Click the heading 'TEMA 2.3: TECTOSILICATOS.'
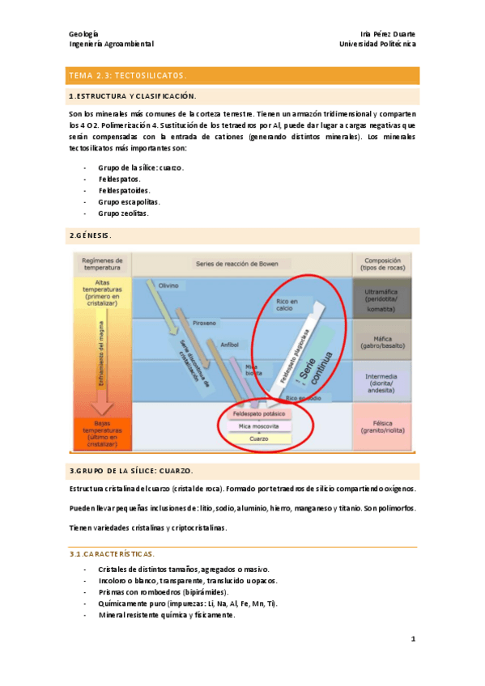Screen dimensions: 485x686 pyautogui.click(x=128, y=75)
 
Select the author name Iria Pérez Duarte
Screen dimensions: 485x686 pyautogui.click(x=388, y=33)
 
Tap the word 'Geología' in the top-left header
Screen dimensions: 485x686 pyautogui.click(x=84, y=33)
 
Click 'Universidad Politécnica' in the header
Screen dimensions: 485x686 pyautogui.click(x=377, y=44)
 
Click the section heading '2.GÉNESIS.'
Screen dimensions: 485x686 pyautogui.click(x=90, y=235)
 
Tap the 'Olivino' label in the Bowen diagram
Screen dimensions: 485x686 pyautogui.click(x=168, y=286)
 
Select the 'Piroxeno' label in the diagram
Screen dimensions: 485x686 pyautogui.click(x=204, y=322)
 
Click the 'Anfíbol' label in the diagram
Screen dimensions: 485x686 pyautogui.click(x=229, y=344)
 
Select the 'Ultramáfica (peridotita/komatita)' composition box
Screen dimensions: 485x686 pyautogui.click(x=381, y=299)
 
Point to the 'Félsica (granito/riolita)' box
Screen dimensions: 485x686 pyautogui.click(x=381, y=426)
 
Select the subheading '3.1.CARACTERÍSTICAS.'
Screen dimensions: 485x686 pyautogui.click(x=111, y=554)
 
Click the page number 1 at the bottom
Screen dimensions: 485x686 pyautogui.click(x=413, y=639)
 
